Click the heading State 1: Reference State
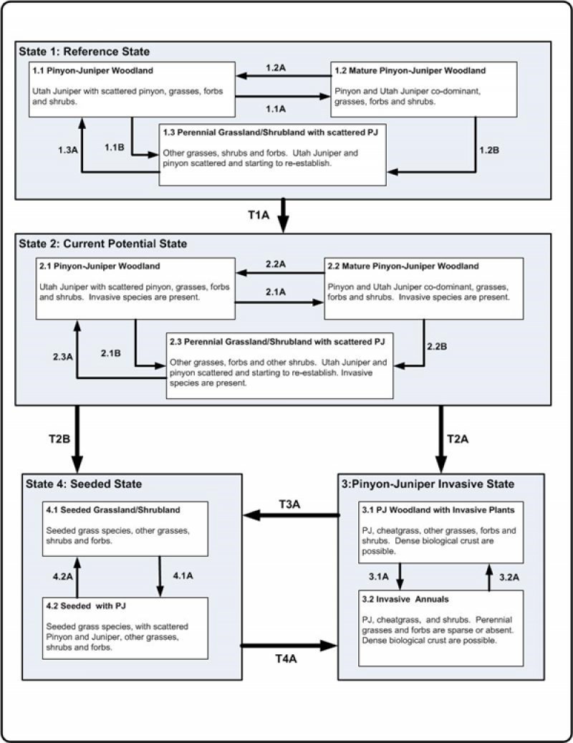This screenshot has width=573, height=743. tap(88, 52)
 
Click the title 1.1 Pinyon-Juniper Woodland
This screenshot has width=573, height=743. tap(83, 71)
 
